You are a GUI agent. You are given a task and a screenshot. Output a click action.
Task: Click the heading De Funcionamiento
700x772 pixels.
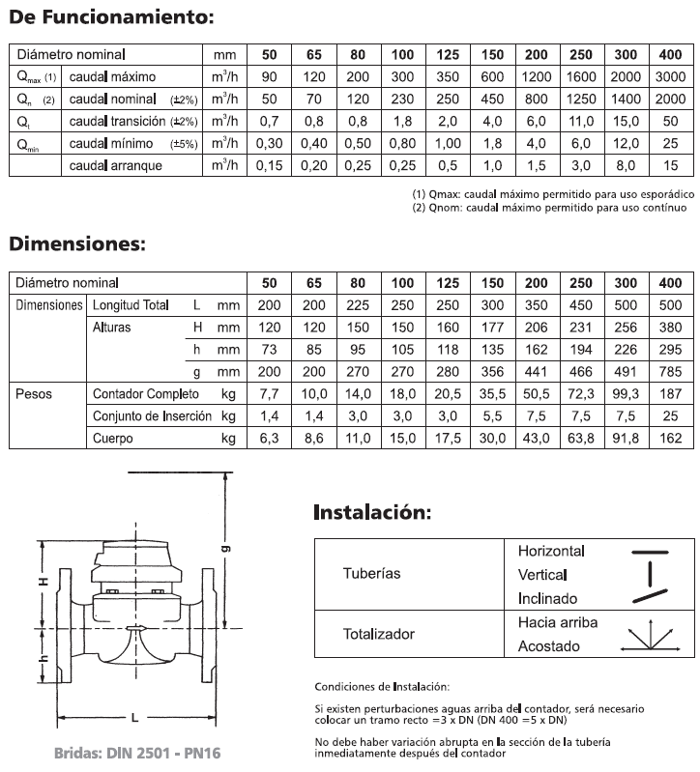[x=110, y=17]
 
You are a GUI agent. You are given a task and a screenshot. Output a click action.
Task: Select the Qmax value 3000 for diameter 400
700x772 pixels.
[x=670, y=76]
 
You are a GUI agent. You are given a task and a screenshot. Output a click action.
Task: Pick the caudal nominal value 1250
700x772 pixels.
[x=581, y=99]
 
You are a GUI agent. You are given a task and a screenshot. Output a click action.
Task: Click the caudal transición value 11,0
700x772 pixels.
[x=581, y=121]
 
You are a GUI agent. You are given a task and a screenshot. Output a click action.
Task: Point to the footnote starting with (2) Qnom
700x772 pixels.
[x=548, y=207]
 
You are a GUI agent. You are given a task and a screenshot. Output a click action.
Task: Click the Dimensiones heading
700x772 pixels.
[x=77, y=243]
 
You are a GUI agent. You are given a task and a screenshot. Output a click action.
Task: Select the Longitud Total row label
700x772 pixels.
[x=130, y=305]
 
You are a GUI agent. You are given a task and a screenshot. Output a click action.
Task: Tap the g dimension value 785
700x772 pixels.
[x=670, y=371]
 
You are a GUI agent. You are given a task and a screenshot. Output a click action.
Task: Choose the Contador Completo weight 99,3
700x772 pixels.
[x=626, y=394]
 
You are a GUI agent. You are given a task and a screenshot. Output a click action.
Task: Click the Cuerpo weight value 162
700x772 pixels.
[x=670, y=439]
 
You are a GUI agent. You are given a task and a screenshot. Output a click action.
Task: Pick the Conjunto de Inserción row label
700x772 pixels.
[x=153, y=416]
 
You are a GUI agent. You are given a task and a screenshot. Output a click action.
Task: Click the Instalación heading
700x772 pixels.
[x=372, y=512]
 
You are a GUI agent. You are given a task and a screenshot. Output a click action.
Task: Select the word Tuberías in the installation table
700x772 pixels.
[x=371, y=573]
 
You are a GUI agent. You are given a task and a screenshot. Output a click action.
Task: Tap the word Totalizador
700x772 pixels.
[x=379, y=634]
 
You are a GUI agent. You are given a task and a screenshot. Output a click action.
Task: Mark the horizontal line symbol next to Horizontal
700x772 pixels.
[x=651, y=551]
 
